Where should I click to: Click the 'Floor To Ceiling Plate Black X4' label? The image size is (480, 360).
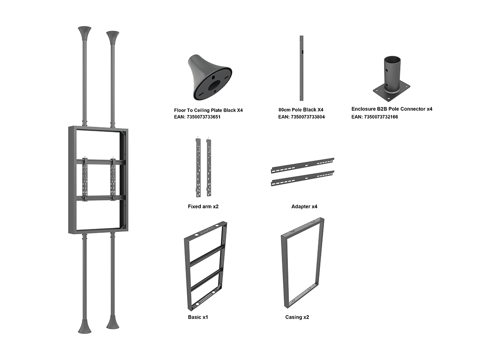(x=208, y=110)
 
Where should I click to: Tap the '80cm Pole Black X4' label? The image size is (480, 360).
(x=301, y=110)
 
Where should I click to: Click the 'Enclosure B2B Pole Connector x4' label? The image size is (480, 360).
(x=392, y=109)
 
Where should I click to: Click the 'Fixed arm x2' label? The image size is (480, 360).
(x=203, y=207)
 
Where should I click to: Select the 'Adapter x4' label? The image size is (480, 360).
(x=304, y=207)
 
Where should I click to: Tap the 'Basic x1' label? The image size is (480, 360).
(x=198, y=317)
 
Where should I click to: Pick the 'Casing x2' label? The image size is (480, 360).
(x=297, y=317)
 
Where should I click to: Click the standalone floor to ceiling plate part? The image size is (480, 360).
(x=209, y=77)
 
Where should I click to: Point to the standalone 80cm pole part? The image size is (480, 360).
(x=301, y=68)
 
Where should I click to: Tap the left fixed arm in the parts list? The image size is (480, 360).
(x=198, y=168)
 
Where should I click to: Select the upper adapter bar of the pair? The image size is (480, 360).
(x=303, y=166)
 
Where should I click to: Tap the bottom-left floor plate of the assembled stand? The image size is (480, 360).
(x=84, y=326)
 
